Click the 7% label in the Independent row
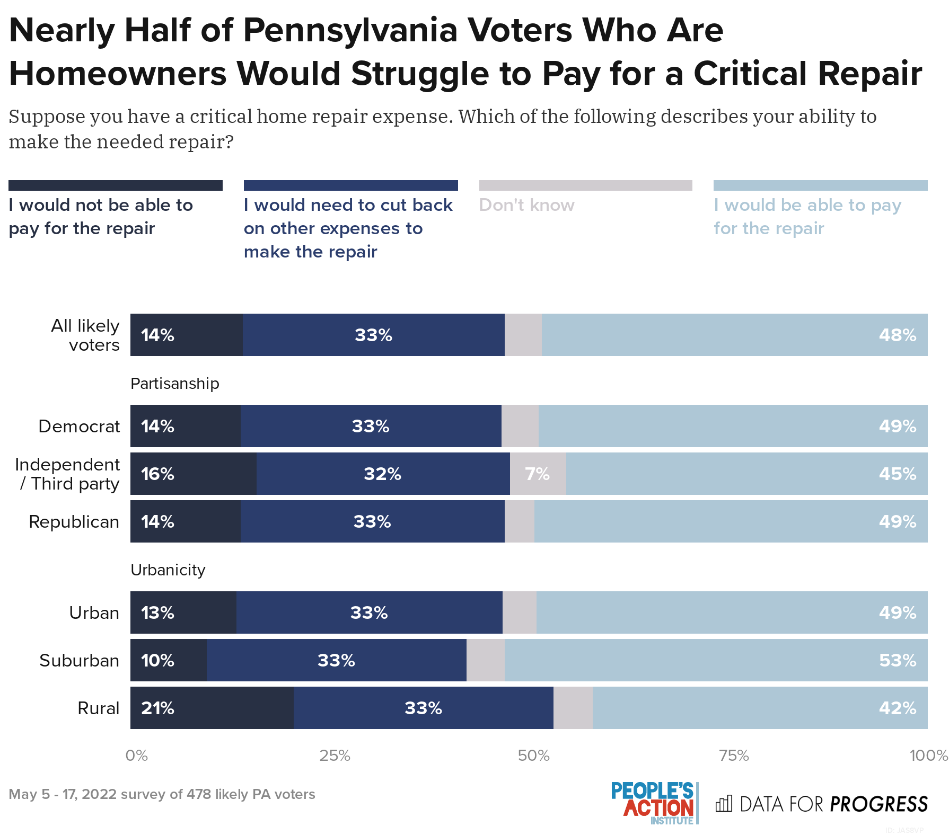click(537, 474)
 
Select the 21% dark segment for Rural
click(212, 708)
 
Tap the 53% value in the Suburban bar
click(897, 660)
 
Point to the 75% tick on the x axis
click(734, 756)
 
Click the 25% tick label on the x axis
click(335, 756)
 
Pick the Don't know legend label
click(526, 205)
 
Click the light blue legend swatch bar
click(820, 185)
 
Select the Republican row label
click(74, 522)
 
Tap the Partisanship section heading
click(174, 384)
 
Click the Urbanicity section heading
click(168, 570)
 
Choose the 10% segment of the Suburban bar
click(168, 660)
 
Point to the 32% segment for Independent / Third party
click(383, 474)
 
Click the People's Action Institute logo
click(654, 803)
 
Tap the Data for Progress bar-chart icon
click(724, 804)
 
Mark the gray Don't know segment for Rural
click(573, 708)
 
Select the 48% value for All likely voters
click(897, 335)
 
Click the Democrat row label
click(79, 427)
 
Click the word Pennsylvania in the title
click(350, 30)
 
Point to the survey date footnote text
click(162, 794)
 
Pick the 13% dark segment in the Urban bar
click(183, 612)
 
